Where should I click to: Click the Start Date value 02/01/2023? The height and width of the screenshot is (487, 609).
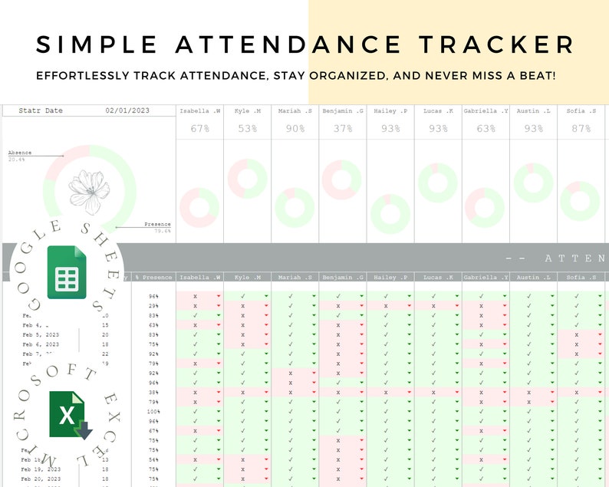[x=127, y=111]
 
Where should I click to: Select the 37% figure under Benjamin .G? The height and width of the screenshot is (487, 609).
[x=342, y=129]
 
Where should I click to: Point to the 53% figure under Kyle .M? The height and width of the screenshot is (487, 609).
[x=247, y=129]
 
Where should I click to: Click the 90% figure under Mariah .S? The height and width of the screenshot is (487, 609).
[x=295, y=129]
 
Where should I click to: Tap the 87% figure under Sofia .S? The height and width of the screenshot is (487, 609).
[x=581, y=129]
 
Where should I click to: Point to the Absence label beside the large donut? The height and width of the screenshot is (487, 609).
[x=19, y=153]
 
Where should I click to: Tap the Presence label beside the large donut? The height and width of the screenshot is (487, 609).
[x=157, y=225]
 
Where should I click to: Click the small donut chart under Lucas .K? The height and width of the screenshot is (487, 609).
[x=438, y=183]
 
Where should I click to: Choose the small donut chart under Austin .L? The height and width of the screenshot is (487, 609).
[x=533, y=183]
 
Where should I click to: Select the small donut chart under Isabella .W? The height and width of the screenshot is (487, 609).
[x=199, y=208]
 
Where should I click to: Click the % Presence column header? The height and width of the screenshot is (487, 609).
[x=153, y=278]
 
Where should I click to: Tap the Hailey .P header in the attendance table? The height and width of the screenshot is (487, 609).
[x=390, y=278]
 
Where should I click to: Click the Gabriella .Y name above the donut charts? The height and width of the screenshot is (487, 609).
[x=486, y=111]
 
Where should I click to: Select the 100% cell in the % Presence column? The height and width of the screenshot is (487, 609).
[x=153, y=412]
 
